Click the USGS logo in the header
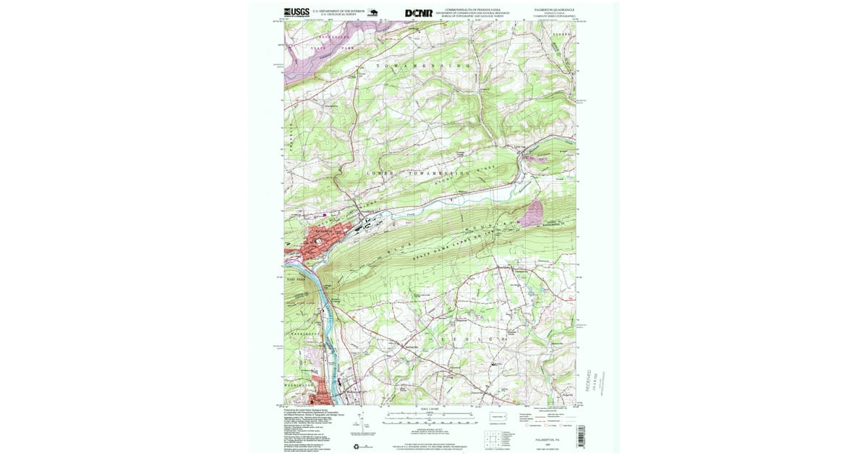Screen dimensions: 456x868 pyautogui.click(x=297, y=12)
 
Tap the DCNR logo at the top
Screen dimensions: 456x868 pyautogui.click(x=419, y=12)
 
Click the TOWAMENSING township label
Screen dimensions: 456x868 pyautogui.click(x=423, y=66)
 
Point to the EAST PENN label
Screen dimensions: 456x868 pyautogui.click(x=295, y=279)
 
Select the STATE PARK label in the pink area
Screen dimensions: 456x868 pyautogui.click(x=322, y=48)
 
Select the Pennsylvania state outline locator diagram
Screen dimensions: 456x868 pyautogui.click(x=498, y=417)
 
